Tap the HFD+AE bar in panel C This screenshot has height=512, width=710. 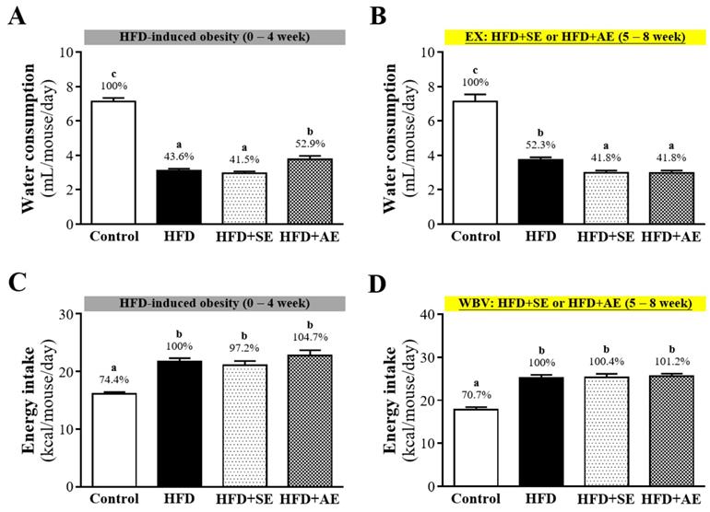pos(315,421)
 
